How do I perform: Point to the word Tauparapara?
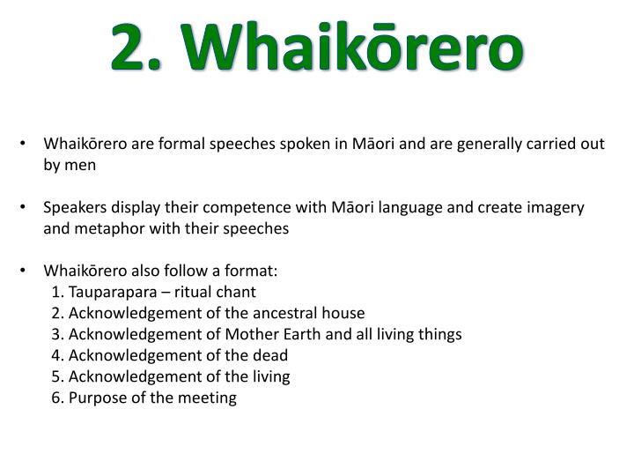click(x=112, y=292)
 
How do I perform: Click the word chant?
click(x=236, y=292)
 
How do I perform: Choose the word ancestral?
click(x=281, y=313)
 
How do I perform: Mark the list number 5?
click(x=56, y=376)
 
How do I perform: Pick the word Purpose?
click(x=97, y=398)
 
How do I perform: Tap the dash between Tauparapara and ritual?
click(x=165, y=292)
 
